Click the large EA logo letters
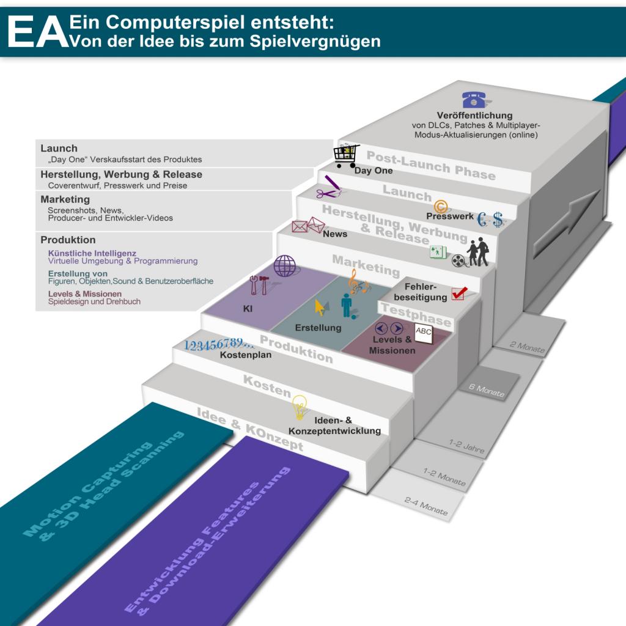pyautogui.click(x=38, y=32)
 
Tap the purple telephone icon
pyautogui.click(x=474, y=100)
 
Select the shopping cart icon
pyautogui.click(x=346, y=156)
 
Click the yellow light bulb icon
pyautogui.click(x=300, y=407)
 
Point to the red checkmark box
pyautogui.click(x=459, y=293)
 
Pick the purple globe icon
pyautogui.click(x=285, y=266)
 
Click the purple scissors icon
pyautogui.click(x=326, y=194)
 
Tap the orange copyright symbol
pyautogui.click(x=440, y=207)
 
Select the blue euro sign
pyautogui.click(x=482, y=219)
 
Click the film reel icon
pyautogui.click(x=458, y=260)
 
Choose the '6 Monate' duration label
pyautogui.click(x=487, y=390)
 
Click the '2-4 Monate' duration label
pyautogui.click(x=426, y=506)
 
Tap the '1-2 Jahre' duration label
pyautogui.click(x=466, y=446)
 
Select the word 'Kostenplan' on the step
pyautogui.click(x=246, y=355)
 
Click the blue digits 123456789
pyautogui.click(x=218, y=344)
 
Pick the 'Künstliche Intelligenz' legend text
pyautogui.click(x=92, y=253)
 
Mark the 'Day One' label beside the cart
pyautogui.click(x=374, y=171)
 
